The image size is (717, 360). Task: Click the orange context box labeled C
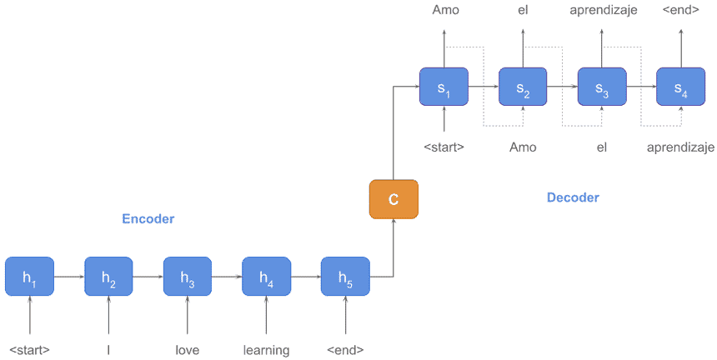point(393,199)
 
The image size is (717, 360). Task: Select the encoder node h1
point(29,277)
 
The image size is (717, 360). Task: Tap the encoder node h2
point(108,277)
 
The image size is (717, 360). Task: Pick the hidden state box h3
point(187,277)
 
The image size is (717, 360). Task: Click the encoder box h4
point(266,277)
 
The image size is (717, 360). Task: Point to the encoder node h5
point(345,277)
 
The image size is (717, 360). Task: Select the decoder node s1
point(444,87)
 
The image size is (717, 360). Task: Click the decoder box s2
point(523,87)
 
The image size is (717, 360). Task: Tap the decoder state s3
point(602,87)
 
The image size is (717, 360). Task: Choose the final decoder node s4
point(681,87)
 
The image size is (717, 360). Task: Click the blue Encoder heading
point(148,219)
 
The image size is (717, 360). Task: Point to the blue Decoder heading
point(573,197)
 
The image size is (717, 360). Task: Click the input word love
point(187,350)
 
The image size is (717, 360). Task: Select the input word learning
point(266,350)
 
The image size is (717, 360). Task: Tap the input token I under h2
point(108,350)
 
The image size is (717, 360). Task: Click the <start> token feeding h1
point(29,350)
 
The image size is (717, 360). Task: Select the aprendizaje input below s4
point(680,147)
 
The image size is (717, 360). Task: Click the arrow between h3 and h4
point(226,277)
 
